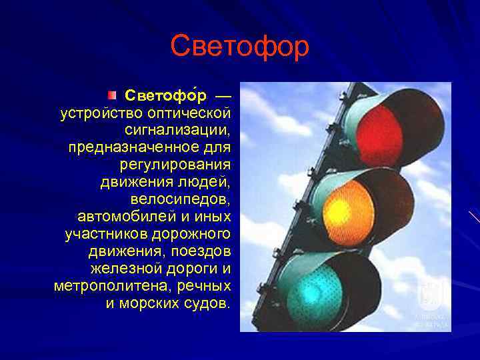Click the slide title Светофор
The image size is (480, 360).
[x=240, y=46]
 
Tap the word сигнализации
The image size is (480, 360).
[x=177, y=129]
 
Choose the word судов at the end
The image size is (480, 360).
[x=209, y=303]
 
